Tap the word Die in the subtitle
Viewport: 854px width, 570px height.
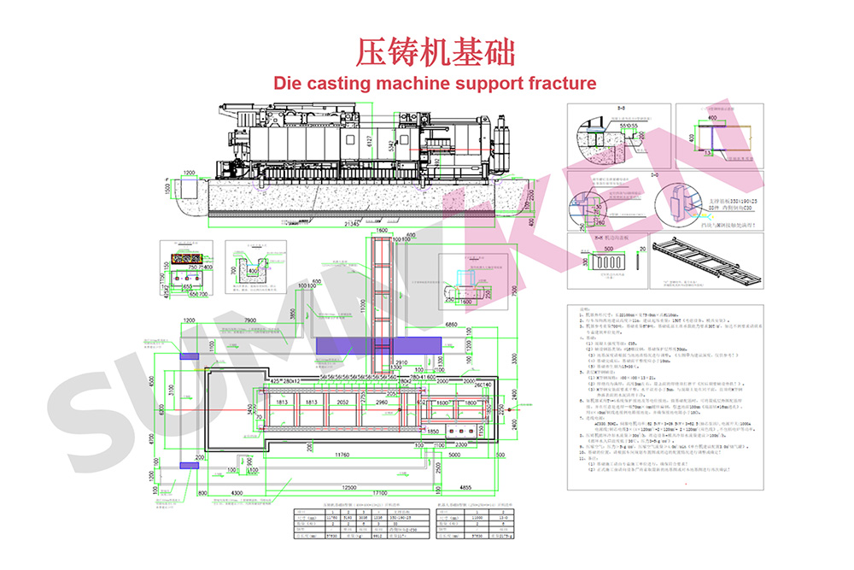[x=287, y=83]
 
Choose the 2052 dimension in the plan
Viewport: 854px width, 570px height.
[x=343, y=402]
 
